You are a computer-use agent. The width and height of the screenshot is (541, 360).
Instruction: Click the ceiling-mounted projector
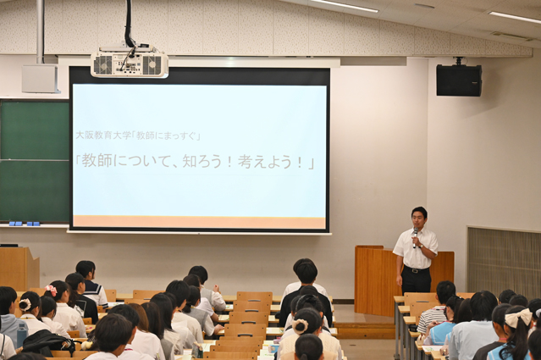(x=130, y=63)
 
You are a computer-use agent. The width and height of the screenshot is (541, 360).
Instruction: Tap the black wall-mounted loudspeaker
(x=459, y=80)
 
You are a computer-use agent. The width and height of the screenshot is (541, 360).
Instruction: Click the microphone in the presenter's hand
(x=416, y=237)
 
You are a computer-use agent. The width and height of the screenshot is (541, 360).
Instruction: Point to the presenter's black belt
(x=417, y=269)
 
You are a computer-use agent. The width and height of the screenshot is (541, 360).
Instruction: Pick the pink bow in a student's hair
(x=51, y=290)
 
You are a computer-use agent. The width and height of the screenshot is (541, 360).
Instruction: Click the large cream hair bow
(x=518, y=318)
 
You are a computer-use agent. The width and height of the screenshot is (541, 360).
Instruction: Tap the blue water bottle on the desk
(x=22, y=335)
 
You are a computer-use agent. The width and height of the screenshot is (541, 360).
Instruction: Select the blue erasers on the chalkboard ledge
(x=25, y=224)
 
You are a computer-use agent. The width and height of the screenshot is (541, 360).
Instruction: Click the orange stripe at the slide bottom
(x=199, y=222)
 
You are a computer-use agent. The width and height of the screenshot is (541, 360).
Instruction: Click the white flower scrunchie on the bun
(x=301, y=326)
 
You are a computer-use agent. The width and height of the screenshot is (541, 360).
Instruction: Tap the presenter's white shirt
(x=416, y=248)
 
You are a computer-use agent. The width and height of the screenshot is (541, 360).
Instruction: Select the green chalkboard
(x=35, y=161)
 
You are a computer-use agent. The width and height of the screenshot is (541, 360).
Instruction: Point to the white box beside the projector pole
(x=41, y=79)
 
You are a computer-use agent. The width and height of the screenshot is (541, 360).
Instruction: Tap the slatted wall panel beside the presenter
(x=504, y=258)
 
